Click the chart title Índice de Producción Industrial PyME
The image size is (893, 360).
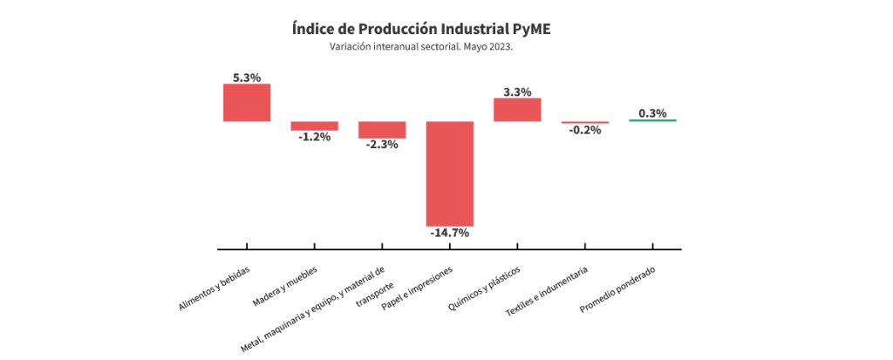[421, 28]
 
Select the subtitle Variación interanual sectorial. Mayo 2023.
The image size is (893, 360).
[421, 47]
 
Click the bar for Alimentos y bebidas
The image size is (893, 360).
[247, 102]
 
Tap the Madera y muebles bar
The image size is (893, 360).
[314, 126]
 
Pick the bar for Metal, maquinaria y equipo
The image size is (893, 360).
[382, 130]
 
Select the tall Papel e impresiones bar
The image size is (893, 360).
[449, 173]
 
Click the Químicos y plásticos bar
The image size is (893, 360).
[517, 109]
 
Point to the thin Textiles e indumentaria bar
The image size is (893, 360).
[584, 122]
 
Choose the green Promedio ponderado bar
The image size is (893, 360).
[652, 120]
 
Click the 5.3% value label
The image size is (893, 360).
[247, 78]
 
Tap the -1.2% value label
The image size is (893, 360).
[314, 137]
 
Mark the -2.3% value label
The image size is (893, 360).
[382, 145]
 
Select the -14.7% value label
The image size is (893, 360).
[449, 233]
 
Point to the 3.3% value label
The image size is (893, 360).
[517, 92]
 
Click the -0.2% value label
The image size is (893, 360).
[584, 130]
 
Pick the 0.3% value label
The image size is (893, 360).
[652, 113]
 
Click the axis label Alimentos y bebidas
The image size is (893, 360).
[215, 289]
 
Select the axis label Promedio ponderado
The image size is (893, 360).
[617, 291]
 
